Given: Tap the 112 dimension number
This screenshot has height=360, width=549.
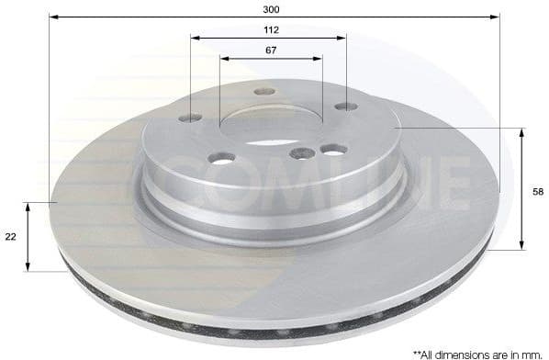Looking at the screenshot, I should pyautogui.click(x=270, y=29).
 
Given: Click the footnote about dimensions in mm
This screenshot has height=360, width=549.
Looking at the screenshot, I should pyautogui.click(x=477, y=352).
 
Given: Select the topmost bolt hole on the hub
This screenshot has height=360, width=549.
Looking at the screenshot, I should pyautogui.click(x=264, y=92).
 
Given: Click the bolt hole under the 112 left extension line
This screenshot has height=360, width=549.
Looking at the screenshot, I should pyautogui.click(x=192, y=118).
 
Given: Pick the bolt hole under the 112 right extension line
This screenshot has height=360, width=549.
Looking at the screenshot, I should pyautogui.click(x=345, y=107).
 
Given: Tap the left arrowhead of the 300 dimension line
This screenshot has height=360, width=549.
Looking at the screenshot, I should pyautogui.click(x=53, y=17).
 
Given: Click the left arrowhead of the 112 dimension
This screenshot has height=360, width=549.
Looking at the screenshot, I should pyautogui.click(x=195, y=38).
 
